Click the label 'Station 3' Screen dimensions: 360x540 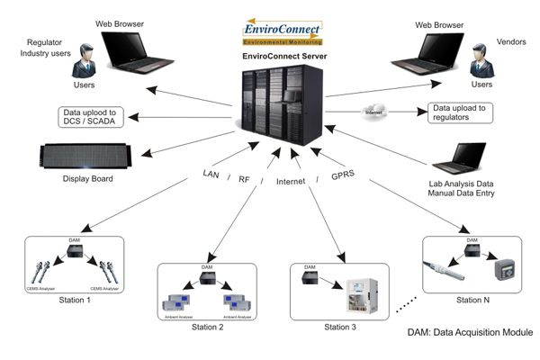pos(337,327)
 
